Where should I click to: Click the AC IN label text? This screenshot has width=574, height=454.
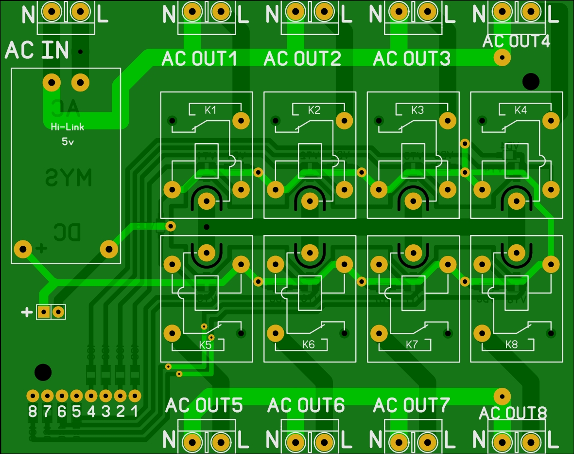point(37,50)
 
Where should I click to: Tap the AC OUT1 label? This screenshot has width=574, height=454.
point(199,59)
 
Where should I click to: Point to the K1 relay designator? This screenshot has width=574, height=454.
point(210,110)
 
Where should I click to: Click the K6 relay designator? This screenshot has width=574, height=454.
point(309,345)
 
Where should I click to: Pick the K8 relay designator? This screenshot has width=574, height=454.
point(512,345)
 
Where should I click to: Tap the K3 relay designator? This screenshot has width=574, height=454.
point(417,110)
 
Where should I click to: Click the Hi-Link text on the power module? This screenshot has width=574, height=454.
point(67,127)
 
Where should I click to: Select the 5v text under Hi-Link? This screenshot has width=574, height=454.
point(68,142)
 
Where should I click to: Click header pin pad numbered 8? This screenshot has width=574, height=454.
point(33,395)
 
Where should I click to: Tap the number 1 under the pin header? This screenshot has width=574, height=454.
point(135,412)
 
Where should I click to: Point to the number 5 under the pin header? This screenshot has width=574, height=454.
point(76,412)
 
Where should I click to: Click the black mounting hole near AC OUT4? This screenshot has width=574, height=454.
point(531,81)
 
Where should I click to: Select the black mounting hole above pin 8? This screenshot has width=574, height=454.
point(43,372)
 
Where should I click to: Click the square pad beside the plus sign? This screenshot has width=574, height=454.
point(44,311)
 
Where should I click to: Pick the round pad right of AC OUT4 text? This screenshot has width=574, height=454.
point(502,58)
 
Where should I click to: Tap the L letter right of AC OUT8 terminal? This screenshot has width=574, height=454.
point(553,441)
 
